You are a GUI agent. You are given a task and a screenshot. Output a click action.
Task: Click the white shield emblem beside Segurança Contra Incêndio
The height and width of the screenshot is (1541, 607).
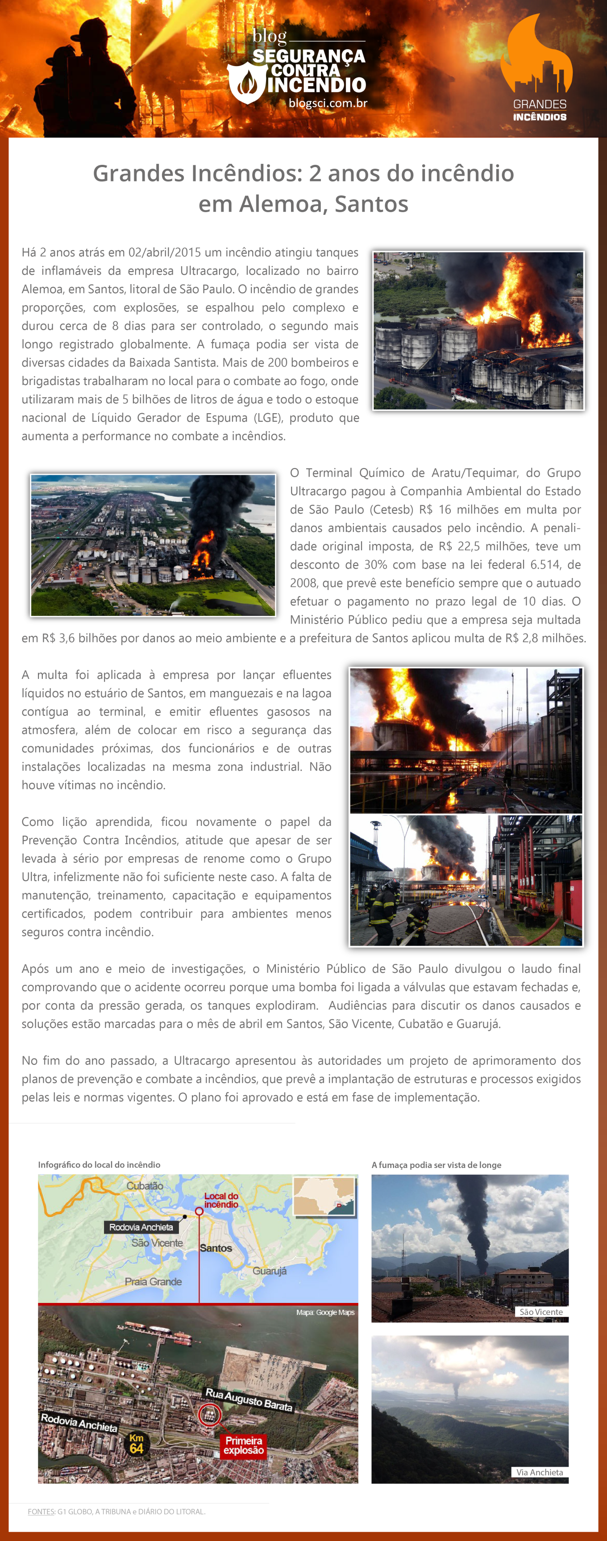[x=247, y=83]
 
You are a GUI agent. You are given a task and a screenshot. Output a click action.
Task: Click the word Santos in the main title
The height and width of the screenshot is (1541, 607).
[x=371, y=204]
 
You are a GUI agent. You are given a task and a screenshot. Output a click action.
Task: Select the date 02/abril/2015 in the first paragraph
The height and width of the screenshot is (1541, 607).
[x=164, y=252]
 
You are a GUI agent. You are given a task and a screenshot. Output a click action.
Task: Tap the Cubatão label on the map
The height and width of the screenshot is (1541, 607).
[x=145, y=1185]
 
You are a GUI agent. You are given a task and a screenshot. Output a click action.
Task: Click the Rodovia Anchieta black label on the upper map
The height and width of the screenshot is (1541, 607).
[x=141, y=1227]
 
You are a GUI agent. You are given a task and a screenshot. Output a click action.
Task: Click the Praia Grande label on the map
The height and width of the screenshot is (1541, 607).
[x=153, y=1281]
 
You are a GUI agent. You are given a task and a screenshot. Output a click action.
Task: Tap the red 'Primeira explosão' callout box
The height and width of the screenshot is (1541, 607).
[x=243, y=1445]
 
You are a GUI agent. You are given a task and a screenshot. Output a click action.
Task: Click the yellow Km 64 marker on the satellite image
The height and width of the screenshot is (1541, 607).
[x=136, y=1443]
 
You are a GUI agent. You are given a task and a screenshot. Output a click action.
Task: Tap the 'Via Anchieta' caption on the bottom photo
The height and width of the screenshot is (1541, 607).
[x=540, y=1472]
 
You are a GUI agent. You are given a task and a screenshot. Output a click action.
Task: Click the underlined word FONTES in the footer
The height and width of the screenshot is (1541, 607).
[x=41, y=1512]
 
